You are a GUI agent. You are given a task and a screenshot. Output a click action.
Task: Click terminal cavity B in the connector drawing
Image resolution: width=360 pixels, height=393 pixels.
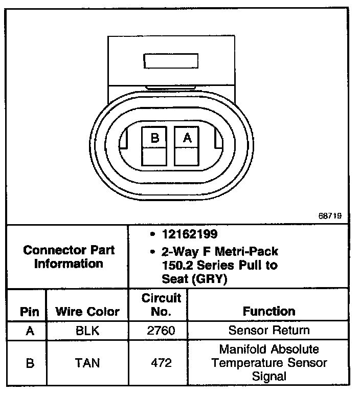(x=154, y=146)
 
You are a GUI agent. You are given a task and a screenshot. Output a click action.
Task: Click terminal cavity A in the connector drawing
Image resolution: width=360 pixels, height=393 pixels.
(x=187, y=146)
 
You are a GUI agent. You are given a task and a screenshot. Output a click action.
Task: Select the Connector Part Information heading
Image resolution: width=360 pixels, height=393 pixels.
(x=69, y=257)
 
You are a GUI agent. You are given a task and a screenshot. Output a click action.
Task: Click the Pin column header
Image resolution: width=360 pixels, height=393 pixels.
(x=29, y=311)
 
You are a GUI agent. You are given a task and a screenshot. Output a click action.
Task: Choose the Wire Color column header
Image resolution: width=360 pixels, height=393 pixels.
(x=87, y=311)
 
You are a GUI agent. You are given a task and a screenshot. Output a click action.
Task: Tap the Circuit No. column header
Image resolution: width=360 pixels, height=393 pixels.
(x=161, y=305)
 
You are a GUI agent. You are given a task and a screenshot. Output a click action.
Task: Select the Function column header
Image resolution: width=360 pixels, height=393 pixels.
(x=269, y=311)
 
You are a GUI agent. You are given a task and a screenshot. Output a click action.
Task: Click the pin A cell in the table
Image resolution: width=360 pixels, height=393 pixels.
(x=29, y=331)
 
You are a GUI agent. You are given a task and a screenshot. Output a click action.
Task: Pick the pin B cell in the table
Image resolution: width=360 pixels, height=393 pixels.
(x=29, y=363)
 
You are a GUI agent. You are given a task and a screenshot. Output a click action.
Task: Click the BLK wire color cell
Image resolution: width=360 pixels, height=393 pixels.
(x=87, y=331)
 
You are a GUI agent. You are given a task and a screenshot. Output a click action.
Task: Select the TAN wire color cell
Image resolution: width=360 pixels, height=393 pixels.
(x=87, y=363)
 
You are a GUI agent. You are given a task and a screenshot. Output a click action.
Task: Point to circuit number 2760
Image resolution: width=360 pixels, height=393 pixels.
(x=161, y=331)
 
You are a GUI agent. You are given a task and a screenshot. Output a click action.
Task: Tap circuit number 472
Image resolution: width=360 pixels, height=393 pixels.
(x=161, y=363)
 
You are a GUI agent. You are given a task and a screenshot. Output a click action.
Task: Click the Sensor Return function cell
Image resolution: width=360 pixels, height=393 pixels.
(x=269, y=331)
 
